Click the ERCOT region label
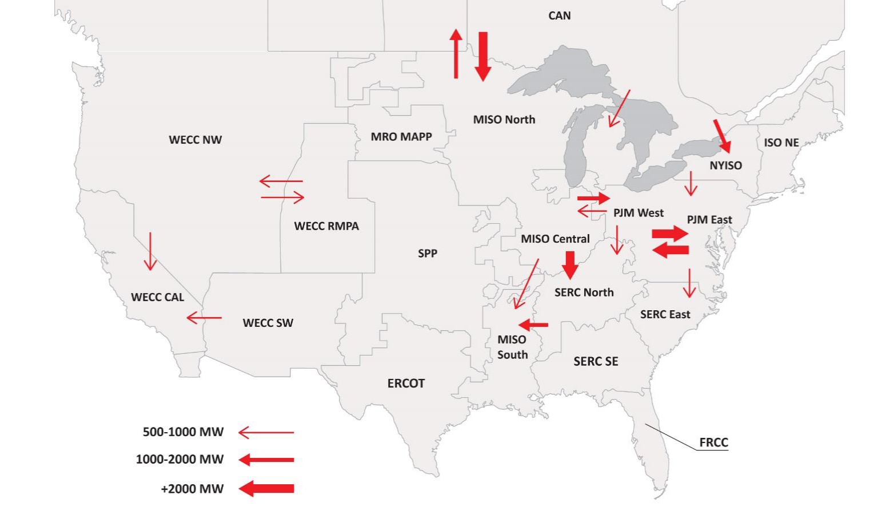(x=406, y=383)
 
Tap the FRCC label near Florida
(x=713, y=442)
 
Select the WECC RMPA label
(x=326, y=226)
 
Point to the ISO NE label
(x=781, y=143)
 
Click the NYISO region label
(x=725, y=165)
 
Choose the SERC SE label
(x=596, y=361)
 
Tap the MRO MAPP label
(x=401, y=137)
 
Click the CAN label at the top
(x=559, y=15)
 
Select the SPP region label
(x=427, y=253)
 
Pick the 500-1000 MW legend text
(x=183, y=432)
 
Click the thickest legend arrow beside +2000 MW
(x=266, y=488)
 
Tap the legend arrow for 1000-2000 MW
(x=266, y=460)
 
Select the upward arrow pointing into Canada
(x=456, y=54)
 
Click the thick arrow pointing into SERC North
(x=570, y=264)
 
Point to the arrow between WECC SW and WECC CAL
(x=204, y=318)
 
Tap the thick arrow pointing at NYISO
(x=722, y=136)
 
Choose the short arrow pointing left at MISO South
(x=534, y=325)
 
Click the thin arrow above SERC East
(x=689, y=283)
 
